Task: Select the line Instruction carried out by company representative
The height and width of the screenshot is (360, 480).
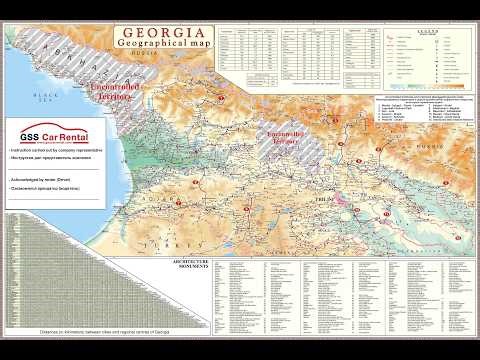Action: coord(56,150)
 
